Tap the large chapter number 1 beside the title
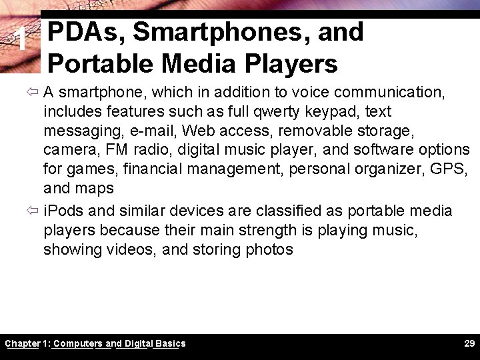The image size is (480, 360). coord(23,41)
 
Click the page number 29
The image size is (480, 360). coord(469,343)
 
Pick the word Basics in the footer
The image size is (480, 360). coord(170,343)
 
